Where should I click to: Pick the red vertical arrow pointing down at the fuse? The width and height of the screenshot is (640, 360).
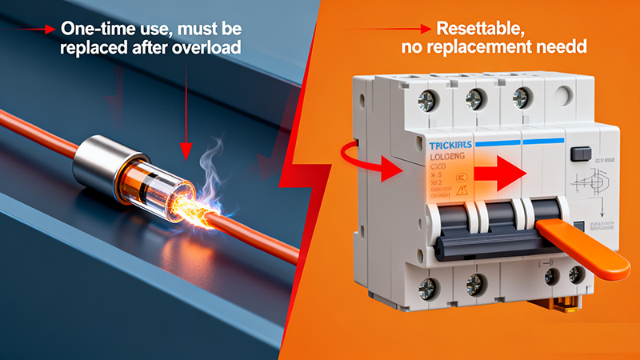pyautogui.click(x=186, y=112)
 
